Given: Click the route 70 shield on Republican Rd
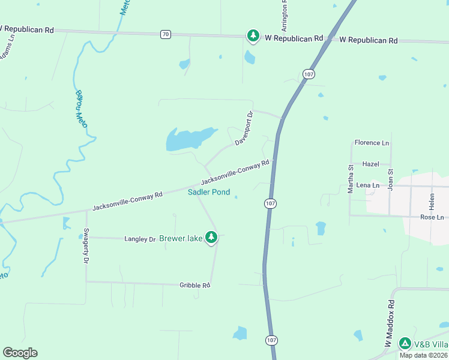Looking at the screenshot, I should [x=165, y=34].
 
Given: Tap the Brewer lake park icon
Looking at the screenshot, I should [x=211, y=238].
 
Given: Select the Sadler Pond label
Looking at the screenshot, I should [x=209, y=193].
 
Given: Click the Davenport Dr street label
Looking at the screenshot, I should [x=244, y=128].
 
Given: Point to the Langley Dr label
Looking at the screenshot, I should [x=140, y=239].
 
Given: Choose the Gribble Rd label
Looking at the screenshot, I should [x=194, y=286].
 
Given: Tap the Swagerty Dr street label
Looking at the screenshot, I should [x=86, y=246].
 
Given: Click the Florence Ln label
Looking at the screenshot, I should [x=372, y=143].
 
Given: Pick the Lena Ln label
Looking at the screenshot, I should [x=367, y=186].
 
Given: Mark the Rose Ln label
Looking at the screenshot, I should [x=432, y=217].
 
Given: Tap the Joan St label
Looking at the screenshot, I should [x=391, y=179].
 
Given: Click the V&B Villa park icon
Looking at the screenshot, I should [x=405, y=344].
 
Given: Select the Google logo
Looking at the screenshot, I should [x=20, y=353].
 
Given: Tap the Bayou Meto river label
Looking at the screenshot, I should [x=82, y=109].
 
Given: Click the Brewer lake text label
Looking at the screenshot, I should [x=181, y=239].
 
